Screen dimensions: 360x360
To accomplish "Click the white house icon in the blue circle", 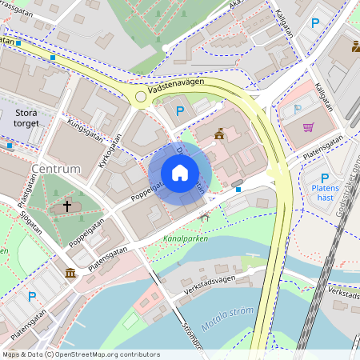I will (180, 173).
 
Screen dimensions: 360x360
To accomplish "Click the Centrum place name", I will (55, 170).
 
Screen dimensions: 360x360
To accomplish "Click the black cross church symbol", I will (67, 206).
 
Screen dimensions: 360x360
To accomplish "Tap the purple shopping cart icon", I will (308, 127).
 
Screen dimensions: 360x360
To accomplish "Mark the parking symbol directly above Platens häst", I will (325, 178).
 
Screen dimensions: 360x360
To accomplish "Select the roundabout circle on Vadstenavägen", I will (141, 97).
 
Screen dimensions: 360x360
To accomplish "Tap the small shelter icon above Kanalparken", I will (206, 216).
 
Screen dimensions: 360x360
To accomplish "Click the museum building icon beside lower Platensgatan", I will (70, 274).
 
